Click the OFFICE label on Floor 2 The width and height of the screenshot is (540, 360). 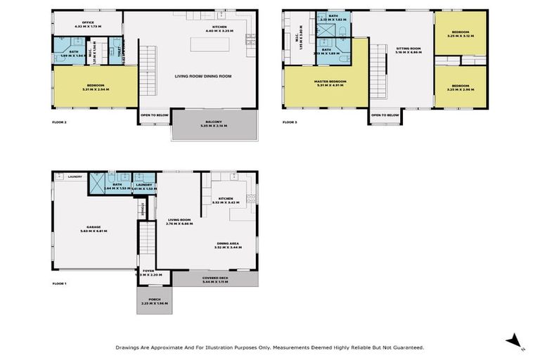(88, 22)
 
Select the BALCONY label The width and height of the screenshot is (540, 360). (214, 122)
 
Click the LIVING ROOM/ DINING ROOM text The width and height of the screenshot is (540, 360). (203, 76)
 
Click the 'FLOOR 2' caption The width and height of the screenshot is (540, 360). (59, 122)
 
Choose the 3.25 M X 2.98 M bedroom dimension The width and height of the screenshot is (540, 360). (460, 89)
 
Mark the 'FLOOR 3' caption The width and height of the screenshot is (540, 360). (290, 122)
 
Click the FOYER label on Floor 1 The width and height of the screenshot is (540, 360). (148, 271)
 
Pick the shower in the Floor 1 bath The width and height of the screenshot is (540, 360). (94, 184)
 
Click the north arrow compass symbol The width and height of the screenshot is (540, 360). (515, 342)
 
